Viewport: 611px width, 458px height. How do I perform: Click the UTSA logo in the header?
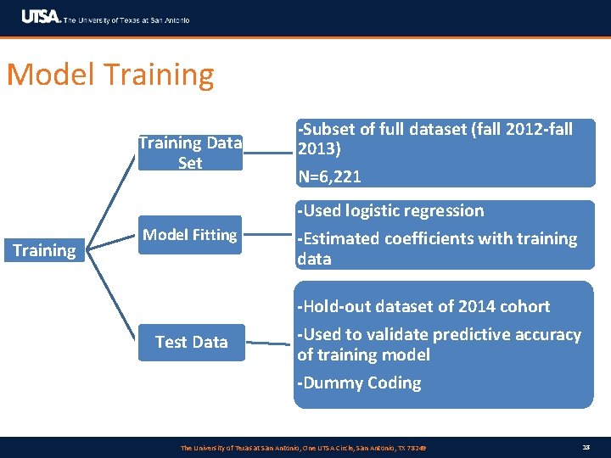pyautogui.click(x=41, y=16)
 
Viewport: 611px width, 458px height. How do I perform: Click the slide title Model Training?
pyautogui.click(x=110, y=75)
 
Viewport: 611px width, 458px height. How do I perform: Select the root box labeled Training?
pyautogui.click(x=44, y=250)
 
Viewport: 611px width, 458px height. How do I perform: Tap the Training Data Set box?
pyautogui.click(x=190, y=153)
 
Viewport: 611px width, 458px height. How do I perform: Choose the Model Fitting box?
pyautogui.click(x=190, y=235)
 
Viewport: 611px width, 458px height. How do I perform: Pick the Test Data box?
pyautogui.click(x=191, y=342)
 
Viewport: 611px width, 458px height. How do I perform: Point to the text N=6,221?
pyautogui.click(x=329, y=176)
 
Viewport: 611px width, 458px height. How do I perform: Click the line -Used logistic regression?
pyautogui.click(x=390, y=211)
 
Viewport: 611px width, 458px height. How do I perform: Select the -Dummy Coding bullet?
pyautogui.click(x=359, y=383)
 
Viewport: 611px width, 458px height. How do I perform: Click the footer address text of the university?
pyautogui.click(x=303, y=447)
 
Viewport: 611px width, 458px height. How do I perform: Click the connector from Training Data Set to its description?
pyautogui.click(x=269, y=153)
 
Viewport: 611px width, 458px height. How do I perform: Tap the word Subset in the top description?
pyautogui.click(x=326, y=130)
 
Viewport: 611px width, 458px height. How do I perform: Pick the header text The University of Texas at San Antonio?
pyautogui.click(x=127, y=20)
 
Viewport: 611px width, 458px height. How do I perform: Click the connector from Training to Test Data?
pyautogui.click(x=112, y=297)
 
